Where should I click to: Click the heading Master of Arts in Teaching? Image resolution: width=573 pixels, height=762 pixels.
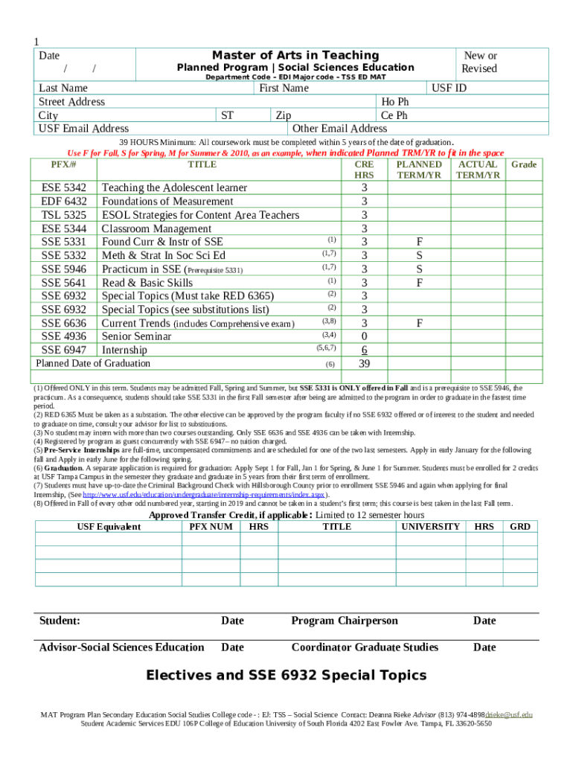(x=295, y=55)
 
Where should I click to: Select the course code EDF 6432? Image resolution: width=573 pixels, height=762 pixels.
(x=64, y=202)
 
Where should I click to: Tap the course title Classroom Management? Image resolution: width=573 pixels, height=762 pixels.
(x=156, y=228)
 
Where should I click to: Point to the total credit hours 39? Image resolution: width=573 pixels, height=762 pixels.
(x=364, y=364)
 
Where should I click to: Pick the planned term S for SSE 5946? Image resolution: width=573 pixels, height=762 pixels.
(x=420, y=269)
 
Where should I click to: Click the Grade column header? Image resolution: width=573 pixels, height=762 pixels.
(x=524, y=164)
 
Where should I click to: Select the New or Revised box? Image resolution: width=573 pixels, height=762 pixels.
(x=479, y=62)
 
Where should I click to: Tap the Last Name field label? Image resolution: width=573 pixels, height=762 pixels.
(x=64, y=89)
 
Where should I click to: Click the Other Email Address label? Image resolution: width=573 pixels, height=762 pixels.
(x=340, y=129)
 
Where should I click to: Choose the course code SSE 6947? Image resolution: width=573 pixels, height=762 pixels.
(x=64, y=350)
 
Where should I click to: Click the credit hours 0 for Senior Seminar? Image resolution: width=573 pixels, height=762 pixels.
(x=364, y=336)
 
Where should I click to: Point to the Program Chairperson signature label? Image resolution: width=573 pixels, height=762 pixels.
(x=344, y=621)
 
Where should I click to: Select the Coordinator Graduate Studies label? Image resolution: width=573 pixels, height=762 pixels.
(x=365, y=647)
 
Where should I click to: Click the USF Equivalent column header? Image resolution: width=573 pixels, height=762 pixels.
(x=109, y=527)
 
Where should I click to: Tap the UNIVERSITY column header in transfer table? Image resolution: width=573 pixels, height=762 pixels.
(x=430, y=527)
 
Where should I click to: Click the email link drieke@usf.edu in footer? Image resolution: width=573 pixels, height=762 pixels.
(x=509, y=715)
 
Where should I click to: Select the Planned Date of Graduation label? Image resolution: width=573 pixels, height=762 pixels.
(x=93, y=364)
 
